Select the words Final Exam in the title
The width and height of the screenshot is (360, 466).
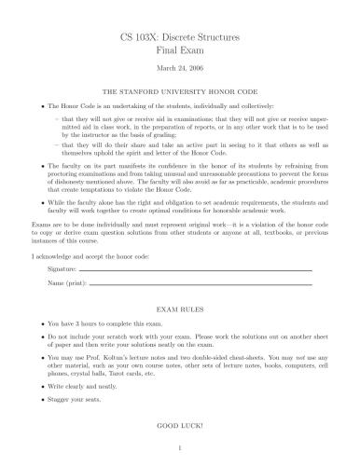point(180,53)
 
